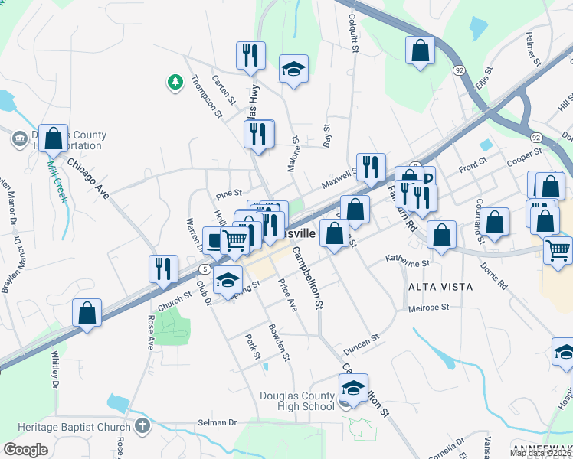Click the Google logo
pyautogui.click(x=25, y=449)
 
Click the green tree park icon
pyautogui.click(x=175, y=82)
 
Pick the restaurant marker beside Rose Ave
pyautogui.click(x=163, y=269)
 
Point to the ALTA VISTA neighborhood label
pyautogui.click(x=440, y=286)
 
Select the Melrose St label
pyautogui.click(x=428, y=307)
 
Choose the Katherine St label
pyautogui.click(x=408, y=262)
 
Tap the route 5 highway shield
pyautogui.click(x=205, y=269)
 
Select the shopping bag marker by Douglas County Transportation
pyautogui.click(x=53, y=138)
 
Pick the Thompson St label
pyautogui.click(x=206, y=96)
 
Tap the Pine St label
pyautogui.click(x=229, y=194)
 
